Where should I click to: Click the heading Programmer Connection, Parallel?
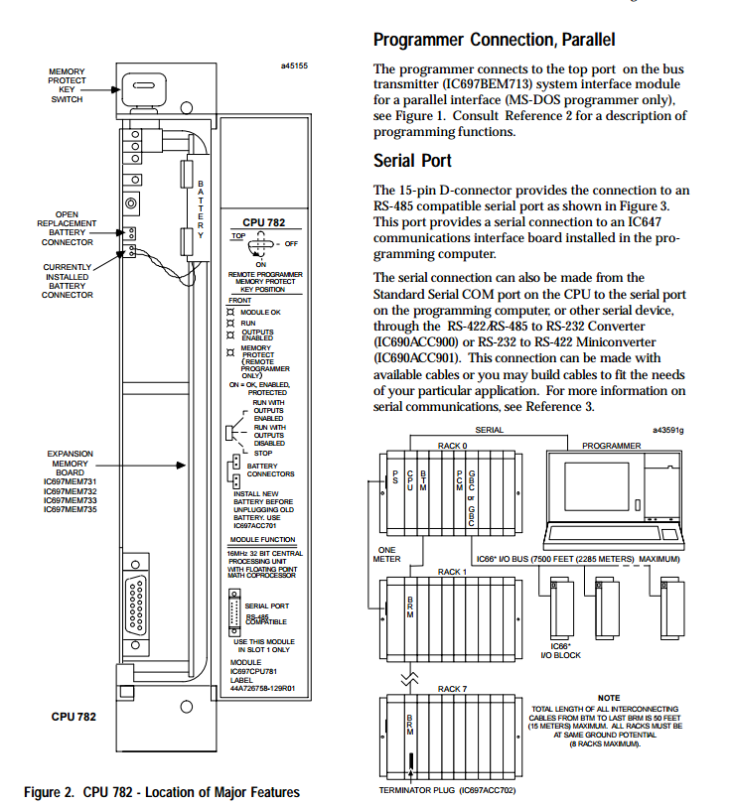494,41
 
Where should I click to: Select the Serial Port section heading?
412,161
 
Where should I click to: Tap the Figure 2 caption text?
161,791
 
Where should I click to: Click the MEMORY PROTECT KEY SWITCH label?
67,85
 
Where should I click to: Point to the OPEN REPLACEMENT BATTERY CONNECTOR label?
67,228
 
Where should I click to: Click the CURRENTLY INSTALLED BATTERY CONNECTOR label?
68,281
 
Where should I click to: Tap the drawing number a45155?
294,67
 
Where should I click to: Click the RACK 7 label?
452,688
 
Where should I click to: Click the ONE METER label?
386,553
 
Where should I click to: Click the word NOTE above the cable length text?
609,698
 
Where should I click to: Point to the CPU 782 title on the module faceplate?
263,223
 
